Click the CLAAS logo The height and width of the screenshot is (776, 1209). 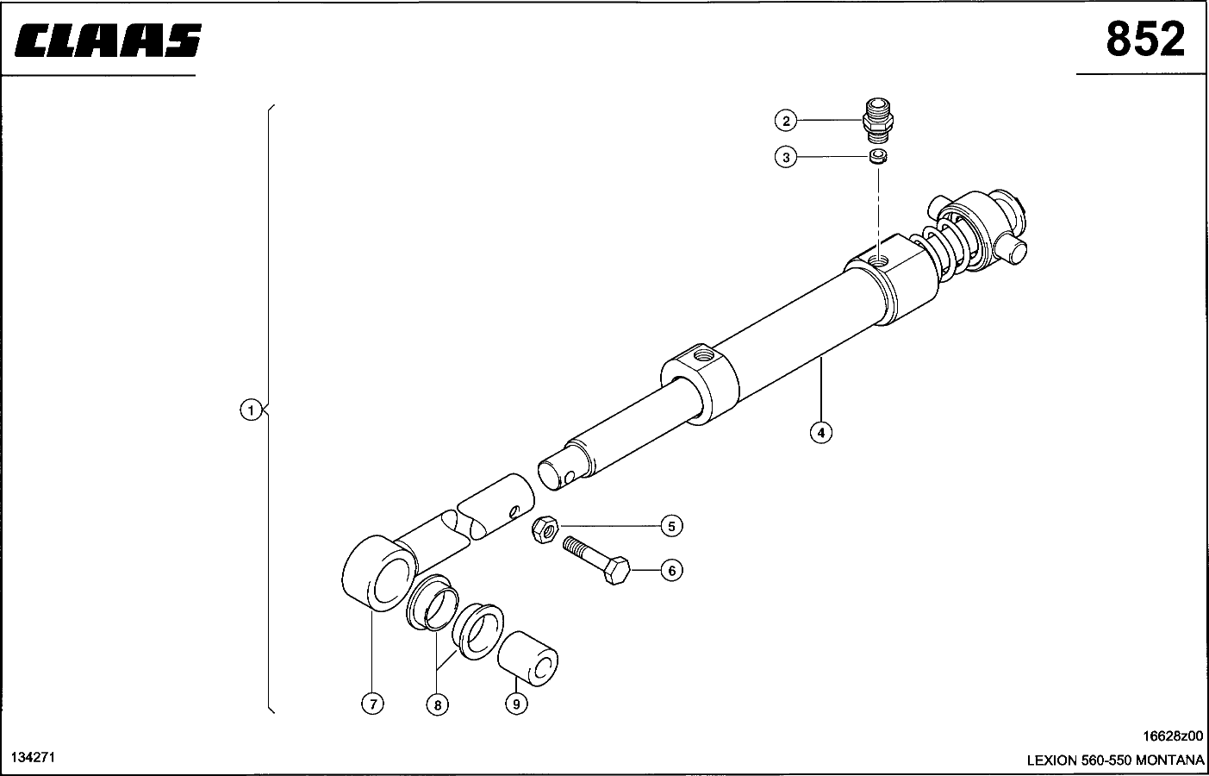(x=108, y=40)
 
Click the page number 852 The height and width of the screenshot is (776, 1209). (x=1145, y=39)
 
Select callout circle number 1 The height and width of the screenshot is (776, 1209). (x=251, y=410)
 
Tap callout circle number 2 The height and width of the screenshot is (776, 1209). (x=786, y=121)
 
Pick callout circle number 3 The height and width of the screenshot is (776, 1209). (x=786, y=157)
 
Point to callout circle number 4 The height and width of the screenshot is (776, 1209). (x=821, y=433)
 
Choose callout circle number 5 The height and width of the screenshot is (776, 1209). (x=671, y=526)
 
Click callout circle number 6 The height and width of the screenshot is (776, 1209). (x=671, y=571)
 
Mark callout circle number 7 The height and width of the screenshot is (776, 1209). (x=372, y=704)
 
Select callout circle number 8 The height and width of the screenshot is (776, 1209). (x=437, y=704)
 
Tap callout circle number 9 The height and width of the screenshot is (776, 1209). (x=516, y=704)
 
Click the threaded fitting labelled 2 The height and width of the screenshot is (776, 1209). (x=877, y=121)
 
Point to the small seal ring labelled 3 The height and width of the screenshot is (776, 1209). (x=878, y=157)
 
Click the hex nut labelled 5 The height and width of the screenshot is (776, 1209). (x=545, y=529)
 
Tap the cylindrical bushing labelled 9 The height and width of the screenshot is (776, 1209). (x=528, y=658)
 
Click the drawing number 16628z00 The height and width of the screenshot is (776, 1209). (x=1172, y=736)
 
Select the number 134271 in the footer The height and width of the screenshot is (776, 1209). (x=33, y=757)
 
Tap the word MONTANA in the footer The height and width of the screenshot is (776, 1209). (x=1169, y=760)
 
